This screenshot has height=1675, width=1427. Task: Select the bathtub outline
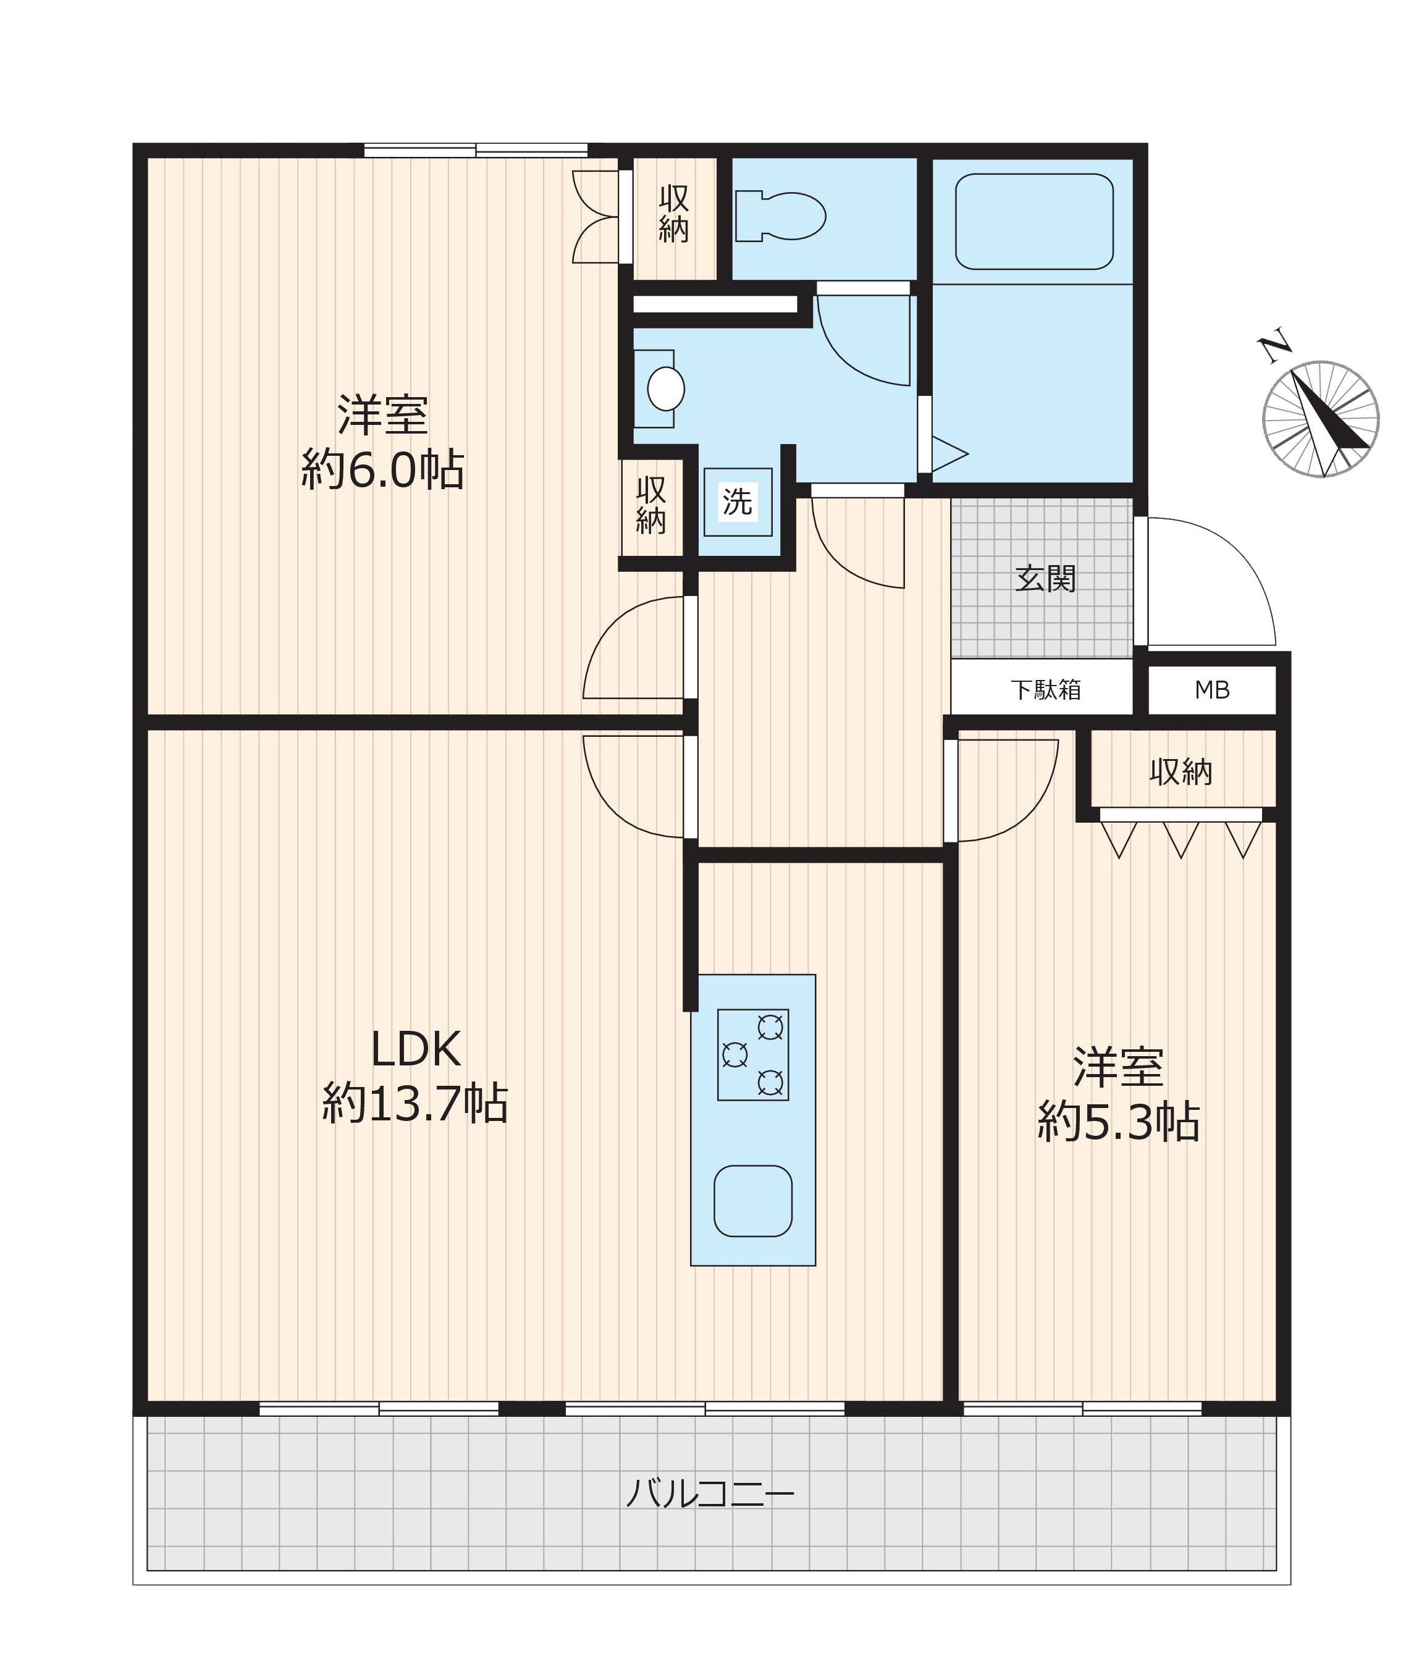pyautogui.click(x=1033, y=222)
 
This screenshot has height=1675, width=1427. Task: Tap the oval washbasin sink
pyautogui.click(x=665, y=389)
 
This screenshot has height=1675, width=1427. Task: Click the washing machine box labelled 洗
pyautogui.click(x=738, y=502)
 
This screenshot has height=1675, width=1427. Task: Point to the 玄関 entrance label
pyautogui.click(x=1045, y=579)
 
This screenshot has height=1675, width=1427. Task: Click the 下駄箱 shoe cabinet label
pyautogui.click(x=1045, y=689)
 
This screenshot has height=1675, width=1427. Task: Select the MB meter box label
pyautogui.click(x=1212, y=689)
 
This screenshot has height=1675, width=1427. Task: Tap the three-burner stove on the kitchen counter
pyautogui.click(x=752, y=1055)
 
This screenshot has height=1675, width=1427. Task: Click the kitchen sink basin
pyautogui.click(x=752, y=1201)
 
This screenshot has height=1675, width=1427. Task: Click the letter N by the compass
pyautogui.click(x=1274, y=346)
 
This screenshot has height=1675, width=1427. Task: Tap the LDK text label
pyautogui.click(x=416, y=1049)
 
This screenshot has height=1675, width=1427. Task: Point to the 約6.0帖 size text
pyautogui.click(x=382, y=469)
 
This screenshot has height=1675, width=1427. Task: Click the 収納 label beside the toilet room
pyautogui.click(x=673, y=214)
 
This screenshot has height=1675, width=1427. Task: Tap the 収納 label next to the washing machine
pyautogui.click(x=651, y=505)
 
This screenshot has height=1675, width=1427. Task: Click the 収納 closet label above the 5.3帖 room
pyautogui.click(x=1181, y=772)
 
